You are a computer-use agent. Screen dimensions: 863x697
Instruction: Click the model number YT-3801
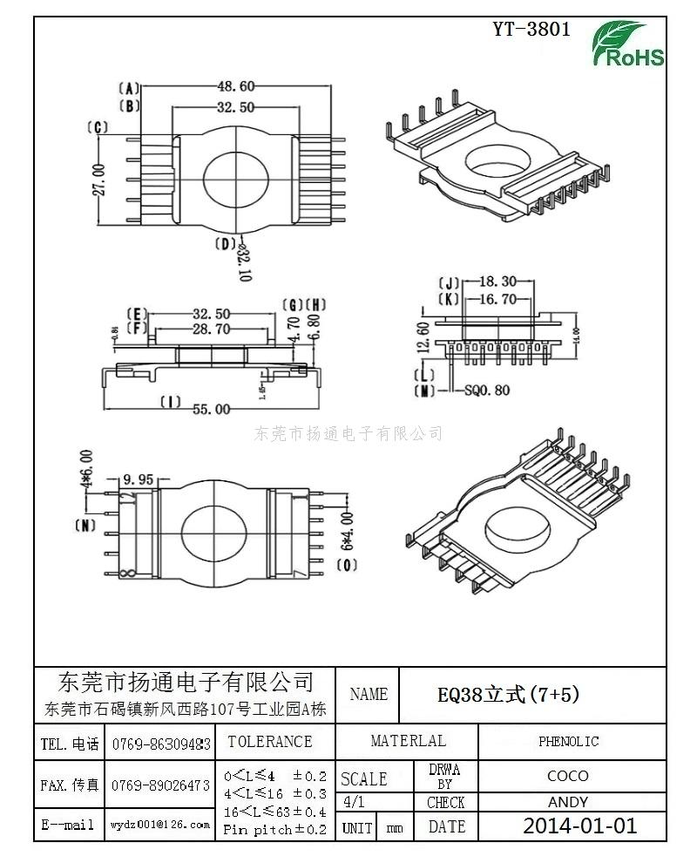coord(531,29)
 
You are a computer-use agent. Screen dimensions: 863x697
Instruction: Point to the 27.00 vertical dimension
coord(98,180)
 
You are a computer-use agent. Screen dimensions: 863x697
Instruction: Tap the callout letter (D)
coord(225,243)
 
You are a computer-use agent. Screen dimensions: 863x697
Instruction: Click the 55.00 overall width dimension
coord(213,409)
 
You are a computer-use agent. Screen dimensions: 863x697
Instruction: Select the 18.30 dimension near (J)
coord(497,282)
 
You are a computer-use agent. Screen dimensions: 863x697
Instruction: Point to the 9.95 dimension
coord(139,479)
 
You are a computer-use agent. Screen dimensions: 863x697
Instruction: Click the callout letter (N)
coord(85,526)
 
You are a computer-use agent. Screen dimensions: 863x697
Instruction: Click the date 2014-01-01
coord(579,826)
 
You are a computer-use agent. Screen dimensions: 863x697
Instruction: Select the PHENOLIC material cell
coord(568,742)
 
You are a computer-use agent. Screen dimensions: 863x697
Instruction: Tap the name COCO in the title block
coord(567,776)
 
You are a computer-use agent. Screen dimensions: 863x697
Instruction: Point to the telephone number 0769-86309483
coord(161,744)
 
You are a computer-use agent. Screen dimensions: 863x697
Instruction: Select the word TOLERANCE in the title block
coord(269,742)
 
